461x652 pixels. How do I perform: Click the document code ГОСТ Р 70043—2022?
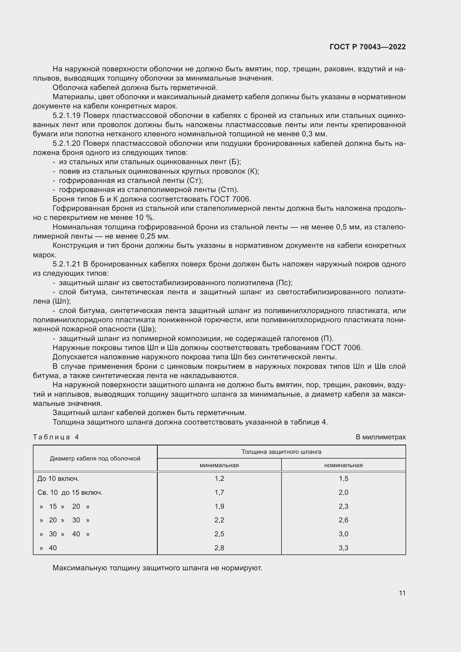368,47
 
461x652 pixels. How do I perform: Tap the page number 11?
402,593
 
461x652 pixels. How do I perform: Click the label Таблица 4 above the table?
56,437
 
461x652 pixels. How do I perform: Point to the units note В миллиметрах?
380,437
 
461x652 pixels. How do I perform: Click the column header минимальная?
219,465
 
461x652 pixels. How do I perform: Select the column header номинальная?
343,465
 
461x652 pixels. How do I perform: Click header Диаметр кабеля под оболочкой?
95,458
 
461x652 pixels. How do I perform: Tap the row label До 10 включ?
58,479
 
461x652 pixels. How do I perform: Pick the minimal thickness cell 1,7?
219,493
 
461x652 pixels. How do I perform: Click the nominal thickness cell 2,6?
343,520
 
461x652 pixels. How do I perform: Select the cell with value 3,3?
343,548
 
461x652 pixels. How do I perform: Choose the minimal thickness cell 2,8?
219,548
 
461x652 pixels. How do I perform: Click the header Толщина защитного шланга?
281,452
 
